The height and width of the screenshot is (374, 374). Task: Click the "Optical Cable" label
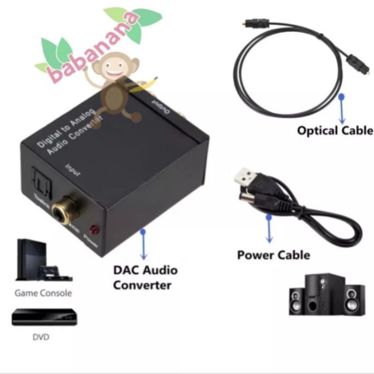pos(335,130)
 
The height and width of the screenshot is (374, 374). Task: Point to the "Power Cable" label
pos(273,255)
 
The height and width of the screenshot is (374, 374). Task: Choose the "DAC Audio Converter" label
pos(145,277)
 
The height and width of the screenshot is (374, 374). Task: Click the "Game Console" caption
pos(43,294)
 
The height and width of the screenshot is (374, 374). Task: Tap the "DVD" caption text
pos(41,337)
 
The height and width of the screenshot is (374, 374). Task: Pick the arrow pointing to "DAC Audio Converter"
pos(144,243)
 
